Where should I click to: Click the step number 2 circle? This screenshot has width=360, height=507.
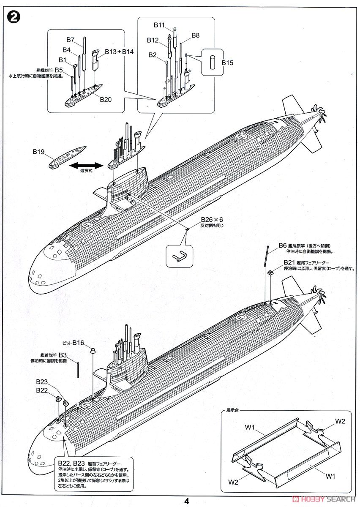coord(14,18)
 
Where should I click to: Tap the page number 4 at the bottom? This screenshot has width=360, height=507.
coord(186,501)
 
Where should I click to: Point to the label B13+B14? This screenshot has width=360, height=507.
coord(119,52)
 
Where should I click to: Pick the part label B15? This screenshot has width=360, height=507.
coord(227,63)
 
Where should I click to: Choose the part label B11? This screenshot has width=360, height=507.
coord(159,25)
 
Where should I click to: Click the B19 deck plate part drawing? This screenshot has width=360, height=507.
coord(67,157)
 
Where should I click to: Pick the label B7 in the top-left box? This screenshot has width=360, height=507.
coord(71,40)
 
